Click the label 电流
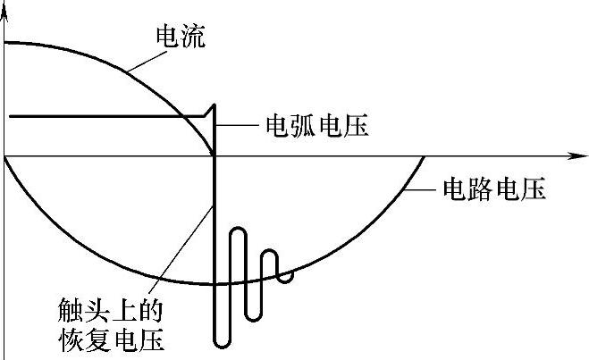pyautogui.click(x=181, y=38)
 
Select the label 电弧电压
pyautogui.click(x=317, y=125)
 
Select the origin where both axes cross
pyautogui.click(x=6, y=155)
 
